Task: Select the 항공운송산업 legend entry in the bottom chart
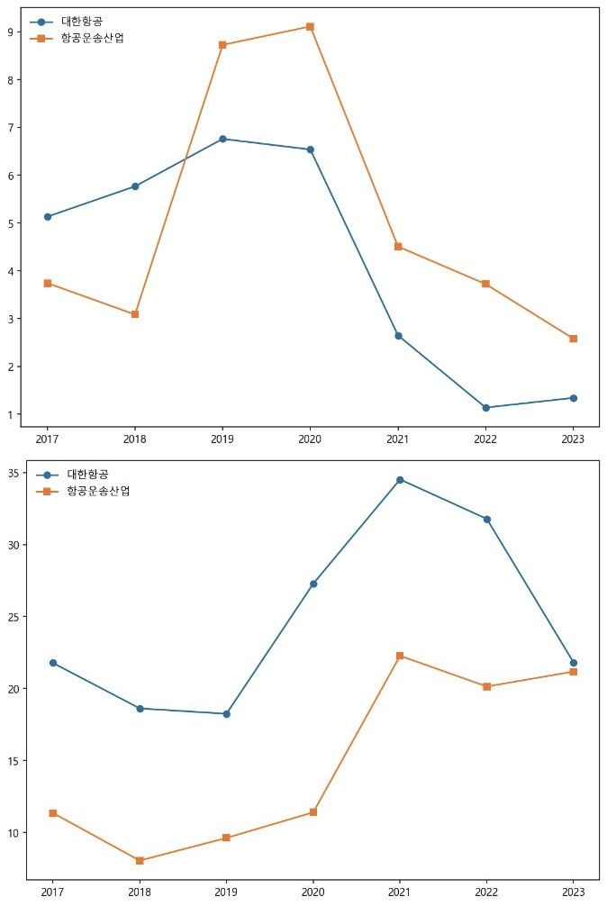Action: point(98,491)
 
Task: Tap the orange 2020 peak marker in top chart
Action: point(310,27)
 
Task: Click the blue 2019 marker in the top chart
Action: point(222,139)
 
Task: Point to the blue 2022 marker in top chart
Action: point(485,408)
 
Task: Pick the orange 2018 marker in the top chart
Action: point(135,314)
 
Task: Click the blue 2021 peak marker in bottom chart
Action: point(400,480)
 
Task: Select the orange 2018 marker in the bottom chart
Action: point(140,861)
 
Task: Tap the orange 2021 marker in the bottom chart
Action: point(400,656)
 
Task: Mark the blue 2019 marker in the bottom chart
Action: point(226,714)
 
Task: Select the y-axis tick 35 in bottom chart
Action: point(15,474)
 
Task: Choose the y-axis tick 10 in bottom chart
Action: point(15,833)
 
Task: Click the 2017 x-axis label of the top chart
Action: point(47,439)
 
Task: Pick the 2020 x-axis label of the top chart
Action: point(310,439)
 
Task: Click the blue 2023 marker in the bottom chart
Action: point(574,663)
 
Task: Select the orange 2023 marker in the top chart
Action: point(573,339)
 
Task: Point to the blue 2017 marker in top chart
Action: point(47,217)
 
